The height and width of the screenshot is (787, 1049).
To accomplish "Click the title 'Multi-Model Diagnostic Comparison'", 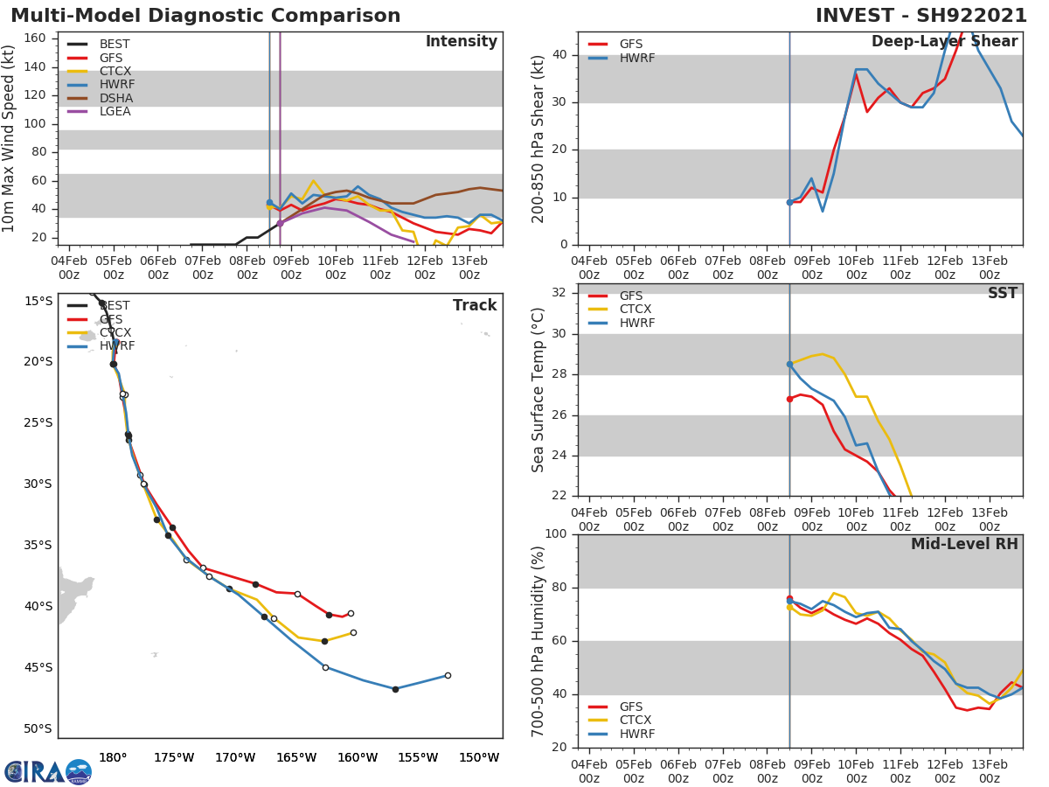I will click(205, 16).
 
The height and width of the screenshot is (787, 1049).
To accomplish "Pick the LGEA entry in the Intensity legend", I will click(115, 111).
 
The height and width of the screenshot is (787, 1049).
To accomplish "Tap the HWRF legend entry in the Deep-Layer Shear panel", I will click(636, 58).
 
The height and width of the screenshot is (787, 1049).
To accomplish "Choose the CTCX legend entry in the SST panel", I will click(635, 310).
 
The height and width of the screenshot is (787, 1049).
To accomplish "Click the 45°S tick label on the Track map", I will click(38, 667).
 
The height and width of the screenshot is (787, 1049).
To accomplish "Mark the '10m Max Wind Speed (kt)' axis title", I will click(10, 138).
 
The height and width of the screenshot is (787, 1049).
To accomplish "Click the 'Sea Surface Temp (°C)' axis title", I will click(538, 390).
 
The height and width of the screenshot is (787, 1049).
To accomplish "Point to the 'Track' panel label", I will click(474, 305).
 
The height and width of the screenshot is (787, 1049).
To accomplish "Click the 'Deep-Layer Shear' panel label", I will click(944, 42).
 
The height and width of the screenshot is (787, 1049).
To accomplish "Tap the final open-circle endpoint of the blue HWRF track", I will click(448, 675).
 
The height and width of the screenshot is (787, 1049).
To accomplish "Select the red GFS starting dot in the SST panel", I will click(789, 399).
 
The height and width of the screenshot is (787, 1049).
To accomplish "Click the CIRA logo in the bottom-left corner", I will click(48, 771).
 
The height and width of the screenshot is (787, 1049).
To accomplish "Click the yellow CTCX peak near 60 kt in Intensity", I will click(313, 181).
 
